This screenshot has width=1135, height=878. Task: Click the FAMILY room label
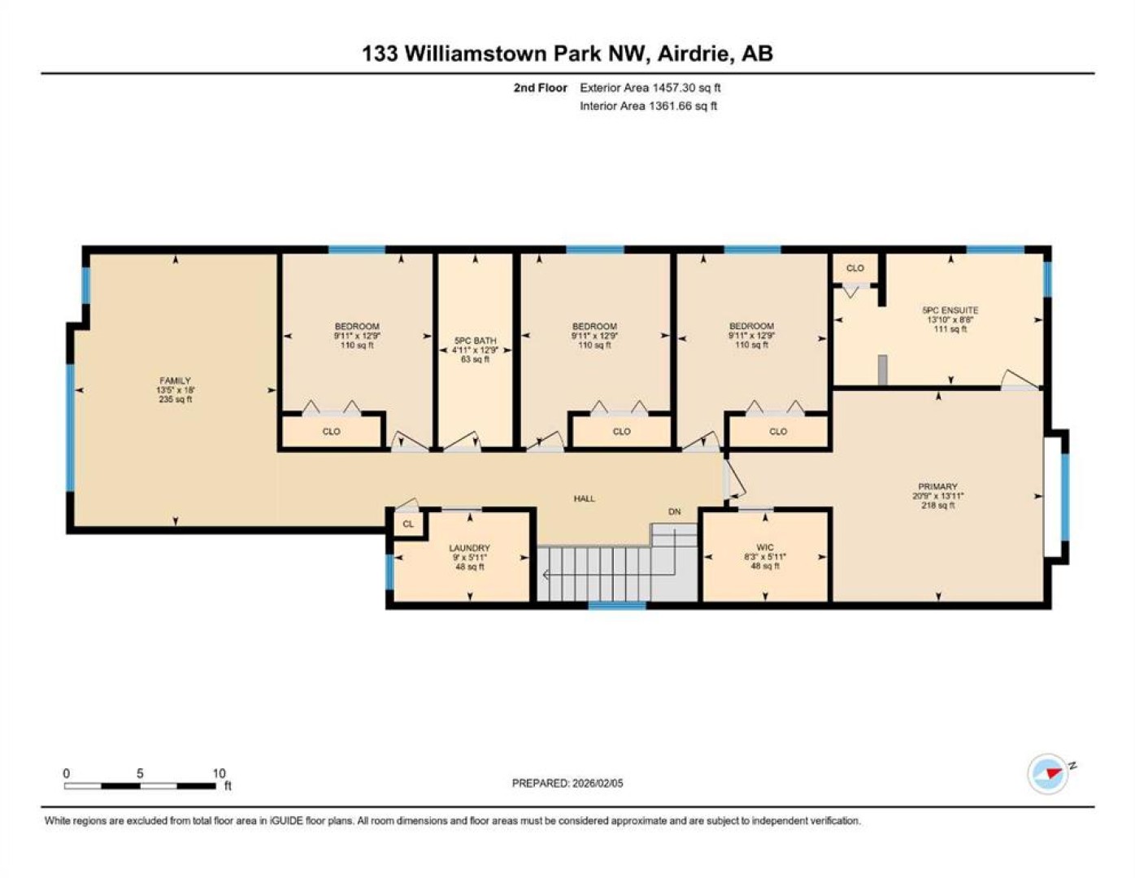point(175,380)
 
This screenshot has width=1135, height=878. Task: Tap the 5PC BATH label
point(475,341)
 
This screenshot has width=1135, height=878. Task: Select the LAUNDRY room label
point(470,548)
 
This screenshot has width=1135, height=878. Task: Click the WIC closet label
point(765,547)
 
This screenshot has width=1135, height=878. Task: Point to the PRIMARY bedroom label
point(937,486)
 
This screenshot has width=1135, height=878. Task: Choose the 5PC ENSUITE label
point(950,311)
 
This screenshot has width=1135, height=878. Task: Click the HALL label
point(584,498)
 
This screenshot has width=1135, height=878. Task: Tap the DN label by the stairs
point(674,511)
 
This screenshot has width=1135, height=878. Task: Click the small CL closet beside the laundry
point(408,524)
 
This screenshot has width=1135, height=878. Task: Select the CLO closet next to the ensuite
point(855,268)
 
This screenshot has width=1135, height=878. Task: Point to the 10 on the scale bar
point(219,773)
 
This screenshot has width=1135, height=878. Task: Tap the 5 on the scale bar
point(140,773)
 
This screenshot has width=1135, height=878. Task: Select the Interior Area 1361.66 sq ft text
point(648,106)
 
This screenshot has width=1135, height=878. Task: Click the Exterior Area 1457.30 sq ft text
point(650,88)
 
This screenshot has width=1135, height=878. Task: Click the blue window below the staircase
point(617,606)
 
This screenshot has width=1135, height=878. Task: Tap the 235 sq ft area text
point(175,399)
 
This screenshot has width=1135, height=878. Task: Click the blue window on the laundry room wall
point(389,572)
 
